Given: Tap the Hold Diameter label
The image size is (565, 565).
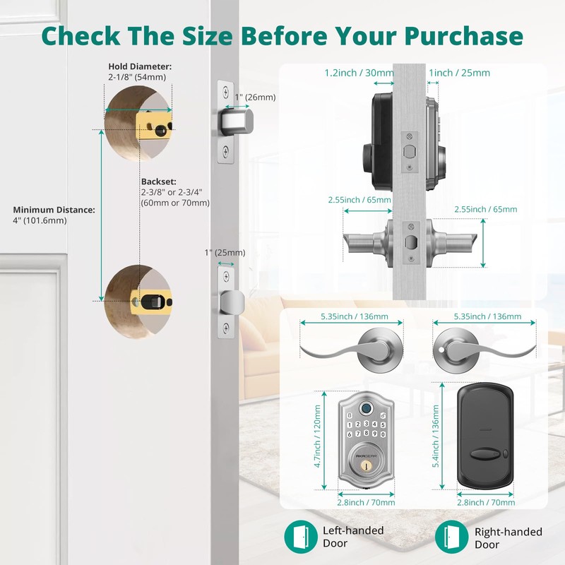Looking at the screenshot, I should point(140,66).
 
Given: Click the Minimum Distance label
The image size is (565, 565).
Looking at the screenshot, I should point(53,210).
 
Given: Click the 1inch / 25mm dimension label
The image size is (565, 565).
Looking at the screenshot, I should point(459,73).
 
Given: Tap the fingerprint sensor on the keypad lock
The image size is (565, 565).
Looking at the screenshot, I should point(365,408).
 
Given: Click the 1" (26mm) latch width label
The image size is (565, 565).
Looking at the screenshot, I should point(255,97).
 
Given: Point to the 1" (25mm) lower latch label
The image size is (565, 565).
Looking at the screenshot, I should point(225,253).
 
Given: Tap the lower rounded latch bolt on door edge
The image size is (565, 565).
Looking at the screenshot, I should point(232,302).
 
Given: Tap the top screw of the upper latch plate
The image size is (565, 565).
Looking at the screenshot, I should point(225,93).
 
